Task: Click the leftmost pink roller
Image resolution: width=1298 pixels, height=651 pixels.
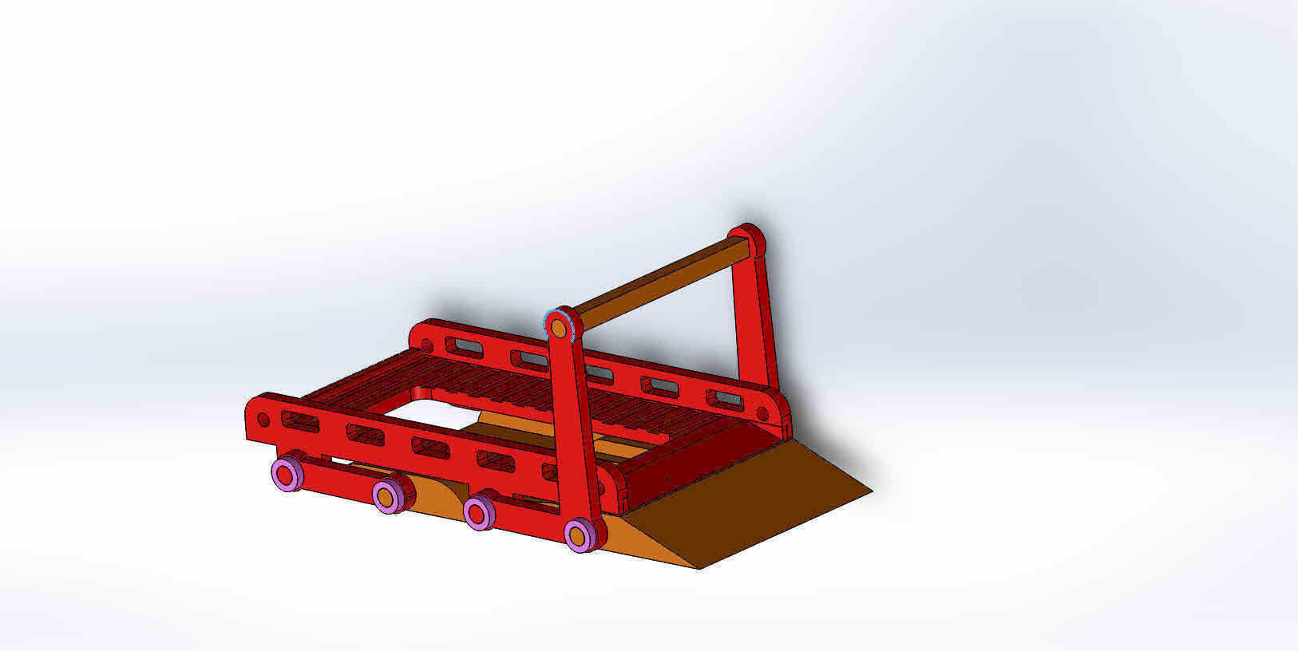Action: (286, 474)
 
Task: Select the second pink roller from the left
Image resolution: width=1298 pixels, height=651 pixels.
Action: (387, 496)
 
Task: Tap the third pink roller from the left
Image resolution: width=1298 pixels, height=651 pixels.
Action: (479, 511)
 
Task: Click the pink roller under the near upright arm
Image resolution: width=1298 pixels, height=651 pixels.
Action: (579, 535)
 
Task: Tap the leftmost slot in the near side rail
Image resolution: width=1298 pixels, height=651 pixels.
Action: (300, 423)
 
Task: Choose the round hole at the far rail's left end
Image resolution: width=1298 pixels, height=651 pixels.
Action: (427, 346)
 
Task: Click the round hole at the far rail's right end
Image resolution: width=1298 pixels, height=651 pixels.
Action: (762, 413)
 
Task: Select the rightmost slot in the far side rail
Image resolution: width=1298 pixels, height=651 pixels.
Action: (726, 398)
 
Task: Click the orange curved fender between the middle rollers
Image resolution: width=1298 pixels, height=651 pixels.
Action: (436, 495)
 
